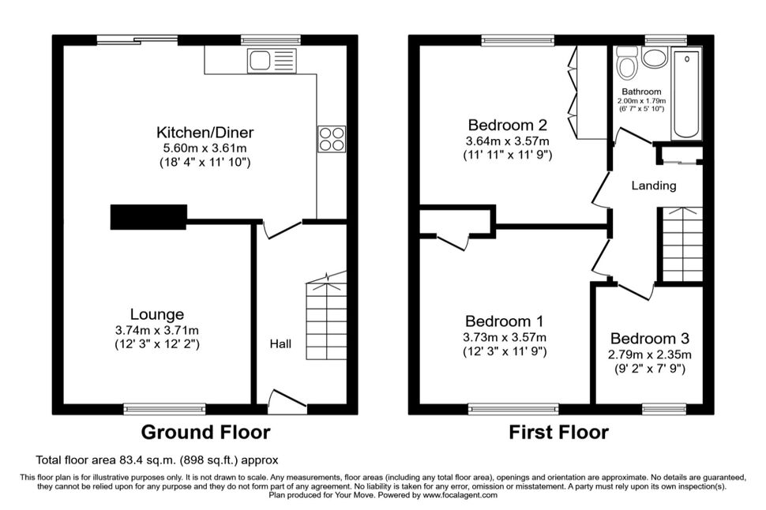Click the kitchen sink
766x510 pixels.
tap(272, 61)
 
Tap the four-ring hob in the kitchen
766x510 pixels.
tap(332, 139)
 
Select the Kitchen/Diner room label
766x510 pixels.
tap(205, 133)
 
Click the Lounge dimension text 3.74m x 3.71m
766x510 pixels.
tap(157, 330)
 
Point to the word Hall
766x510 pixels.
tap(280, 344)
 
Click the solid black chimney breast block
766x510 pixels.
tap(148, 217)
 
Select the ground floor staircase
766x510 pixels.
tap(326, 317)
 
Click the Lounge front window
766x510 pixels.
tap(164, 409)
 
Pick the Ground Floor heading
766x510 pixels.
tap(205, 433)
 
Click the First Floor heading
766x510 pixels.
tap(559, 433)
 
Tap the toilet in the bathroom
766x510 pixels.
tap(627, 62)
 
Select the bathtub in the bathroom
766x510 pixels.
tap(687, 93)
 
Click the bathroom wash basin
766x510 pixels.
tap(655, 58)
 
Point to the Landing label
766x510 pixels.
tap(654, 186)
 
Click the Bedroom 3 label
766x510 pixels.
tap(650, 339)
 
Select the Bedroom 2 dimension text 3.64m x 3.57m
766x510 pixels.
tap(508, 141)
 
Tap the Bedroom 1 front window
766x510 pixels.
tap(513, 409)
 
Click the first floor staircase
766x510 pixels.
tap(682, 244)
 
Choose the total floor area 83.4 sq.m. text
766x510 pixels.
tap(157, 460)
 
